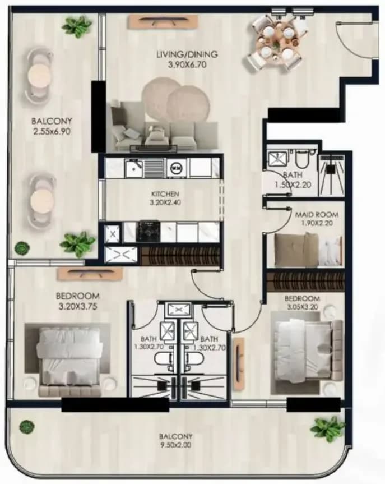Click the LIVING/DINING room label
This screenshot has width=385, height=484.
coord(187,54)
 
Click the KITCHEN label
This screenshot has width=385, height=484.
coord(165,194)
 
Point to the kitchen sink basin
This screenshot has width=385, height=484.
coord(133,168)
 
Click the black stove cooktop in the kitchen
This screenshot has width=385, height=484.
coord(150,231)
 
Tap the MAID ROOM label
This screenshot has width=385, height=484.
coord(317,215)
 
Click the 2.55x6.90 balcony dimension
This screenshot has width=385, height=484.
coord(52,132)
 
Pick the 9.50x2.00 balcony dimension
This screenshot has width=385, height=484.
coord(175,445)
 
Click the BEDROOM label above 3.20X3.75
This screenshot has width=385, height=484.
coord(78,296)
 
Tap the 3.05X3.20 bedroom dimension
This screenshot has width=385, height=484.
coord(303,307)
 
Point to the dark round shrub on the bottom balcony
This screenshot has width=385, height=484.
coord(27,427)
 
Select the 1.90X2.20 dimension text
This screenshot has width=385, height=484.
coord(317,223)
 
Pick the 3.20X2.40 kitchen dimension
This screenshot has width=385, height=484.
coord(165,202)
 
